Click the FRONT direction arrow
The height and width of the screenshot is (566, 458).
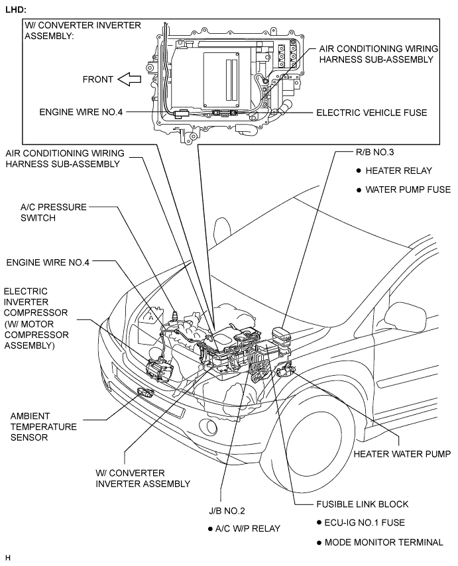[x=129, y=80]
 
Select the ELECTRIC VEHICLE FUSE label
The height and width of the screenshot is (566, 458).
[x=371, y=113]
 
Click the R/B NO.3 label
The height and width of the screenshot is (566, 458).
[x=374, y=152]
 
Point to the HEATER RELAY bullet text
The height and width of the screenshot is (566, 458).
[x=398, y=170]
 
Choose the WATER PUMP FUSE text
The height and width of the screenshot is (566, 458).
[x=408, y=190]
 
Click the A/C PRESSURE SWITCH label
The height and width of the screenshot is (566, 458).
[x=54, y=212]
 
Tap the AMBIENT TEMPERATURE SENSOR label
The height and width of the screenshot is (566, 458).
[x=43, y=426]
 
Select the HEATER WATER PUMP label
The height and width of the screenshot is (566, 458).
[x=402, y=454]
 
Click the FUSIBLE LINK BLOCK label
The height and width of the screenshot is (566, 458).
[x=363, y=504]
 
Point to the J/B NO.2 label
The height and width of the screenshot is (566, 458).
[x=227, y=510]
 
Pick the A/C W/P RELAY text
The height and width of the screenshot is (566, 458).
[x=248, y=528]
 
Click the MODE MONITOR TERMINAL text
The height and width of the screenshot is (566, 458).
[x=384, y=542]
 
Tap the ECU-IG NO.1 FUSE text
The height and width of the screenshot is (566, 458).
[x=365, y=522]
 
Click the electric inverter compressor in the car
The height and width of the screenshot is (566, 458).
[x=159, y=370]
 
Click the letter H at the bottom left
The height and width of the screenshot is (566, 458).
[x=8, y=557]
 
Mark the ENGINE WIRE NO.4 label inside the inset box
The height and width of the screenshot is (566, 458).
[x=81, y=112]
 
